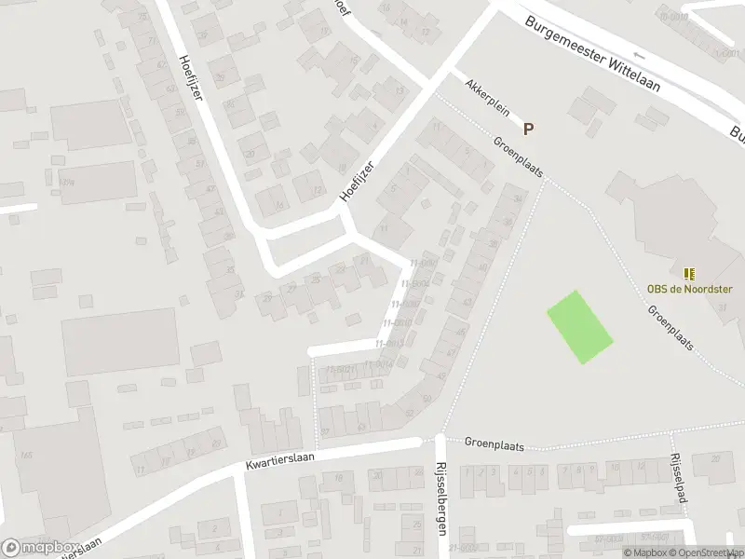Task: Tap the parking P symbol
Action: point(529,130)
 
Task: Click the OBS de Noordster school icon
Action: point(689,274)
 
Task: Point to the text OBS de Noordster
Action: point(689,289)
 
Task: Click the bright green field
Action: point(579,327)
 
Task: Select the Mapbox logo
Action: point(39,548)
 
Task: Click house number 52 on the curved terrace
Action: point(427,399)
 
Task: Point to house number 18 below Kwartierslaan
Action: point(338,478)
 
